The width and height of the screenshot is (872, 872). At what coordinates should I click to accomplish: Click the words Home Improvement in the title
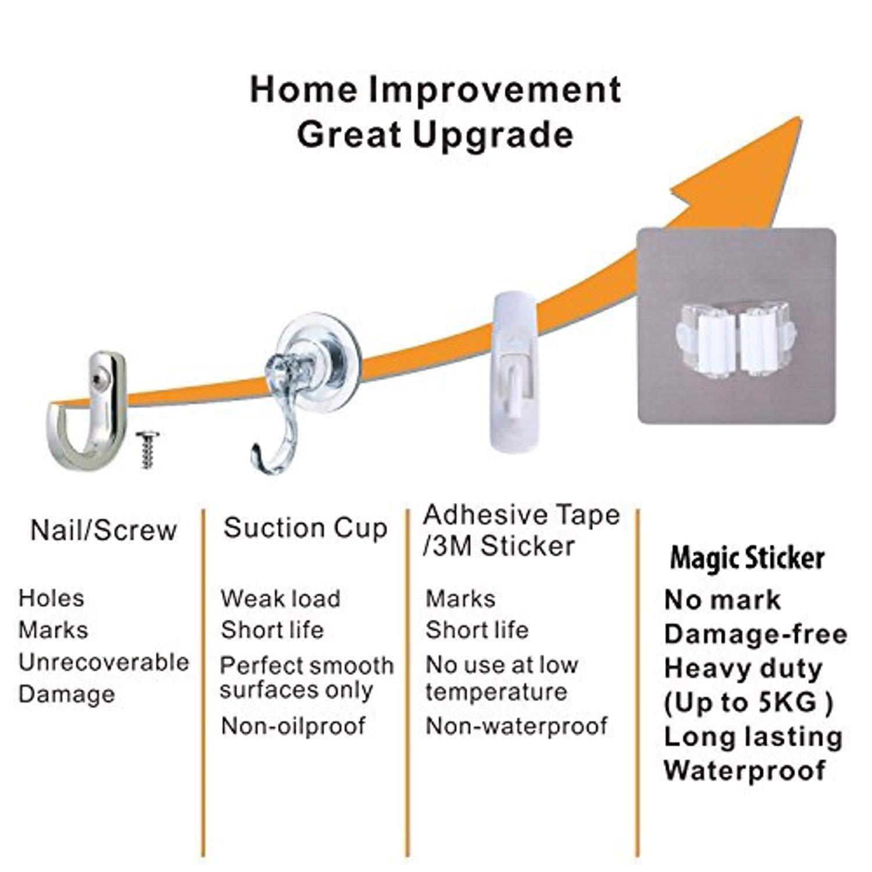click(435, 91)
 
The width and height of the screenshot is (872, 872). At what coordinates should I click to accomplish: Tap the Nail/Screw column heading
click(103, 530)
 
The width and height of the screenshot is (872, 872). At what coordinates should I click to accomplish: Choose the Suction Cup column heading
click(305, 528)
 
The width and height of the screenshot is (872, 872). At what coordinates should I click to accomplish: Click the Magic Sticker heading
click(747, 559)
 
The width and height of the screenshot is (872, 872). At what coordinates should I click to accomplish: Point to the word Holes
click(51, 598)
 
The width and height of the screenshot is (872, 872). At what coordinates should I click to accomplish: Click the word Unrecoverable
click(103, 662)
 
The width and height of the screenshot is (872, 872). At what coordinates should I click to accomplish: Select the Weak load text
click(280, 599)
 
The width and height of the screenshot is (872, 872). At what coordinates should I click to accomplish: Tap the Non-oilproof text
click(293, 726)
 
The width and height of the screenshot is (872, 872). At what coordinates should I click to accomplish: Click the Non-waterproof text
click(516, 726)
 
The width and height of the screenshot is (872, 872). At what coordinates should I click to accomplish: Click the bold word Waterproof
click(745, 771)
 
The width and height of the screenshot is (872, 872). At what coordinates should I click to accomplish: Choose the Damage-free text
click(756, 634)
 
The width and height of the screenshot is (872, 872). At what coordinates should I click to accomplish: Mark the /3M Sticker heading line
click(499, 546)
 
